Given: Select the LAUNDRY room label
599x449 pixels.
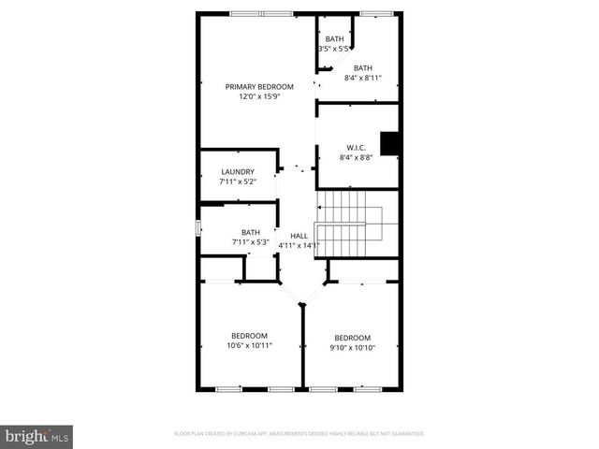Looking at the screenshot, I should coord(238,172).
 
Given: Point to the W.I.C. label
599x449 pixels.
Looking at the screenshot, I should coord(356,148).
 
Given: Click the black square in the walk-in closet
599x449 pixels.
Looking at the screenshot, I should coord(389,143).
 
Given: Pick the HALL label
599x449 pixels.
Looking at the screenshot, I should coord(299,236).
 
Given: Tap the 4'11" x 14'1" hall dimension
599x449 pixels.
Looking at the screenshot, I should coord(299,246).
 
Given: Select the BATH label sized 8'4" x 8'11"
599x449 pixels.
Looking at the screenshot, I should coord(363,67).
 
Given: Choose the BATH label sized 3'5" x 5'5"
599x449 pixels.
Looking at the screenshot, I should coord(334,38).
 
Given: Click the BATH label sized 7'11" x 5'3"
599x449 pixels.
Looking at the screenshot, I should coord(251,233).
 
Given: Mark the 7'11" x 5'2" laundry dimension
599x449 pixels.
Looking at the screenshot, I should coord(238,181).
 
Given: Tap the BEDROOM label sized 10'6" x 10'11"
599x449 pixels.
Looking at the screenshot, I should coord(250,336).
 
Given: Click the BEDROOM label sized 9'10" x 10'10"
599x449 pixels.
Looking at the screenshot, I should coord(353,338).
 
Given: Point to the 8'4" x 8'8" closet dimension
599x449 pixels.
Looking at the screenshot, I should coord(356,158).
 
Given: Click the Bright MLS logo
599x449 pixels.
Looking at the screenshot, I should coord(37,436).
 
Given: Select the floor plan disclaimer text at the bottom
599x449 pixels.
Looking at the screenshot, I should coord(299,434).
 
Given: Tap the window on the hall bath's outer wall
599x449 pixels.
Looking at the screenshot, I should coord(197,228).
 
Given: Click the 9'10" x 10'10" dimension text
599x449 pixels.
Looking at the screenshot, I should coord(353,348).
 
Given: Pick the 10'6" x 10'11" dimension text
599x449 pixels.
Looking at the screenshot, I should coord(250,346).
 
